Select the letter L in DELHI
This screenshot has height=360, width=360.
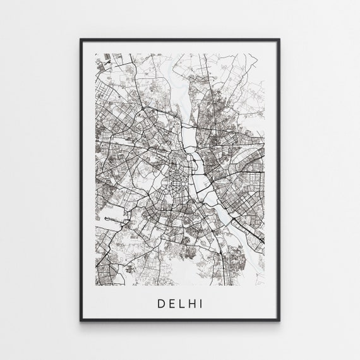[x=179, y=304]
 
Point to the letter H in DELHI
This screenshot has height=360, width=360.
[x=190, y=304]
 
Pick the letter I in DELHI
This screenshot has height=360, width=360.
[x=200, y=304]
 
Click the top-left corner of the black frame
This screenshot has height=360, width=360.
[x=81, y=40]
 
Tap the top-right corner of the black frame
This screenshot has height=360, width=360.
[x=279, y=40]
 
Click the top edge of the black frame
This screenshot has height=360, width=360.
[x=180, y=40]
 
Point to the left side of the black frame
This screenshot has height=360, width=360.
[x=81, y=180]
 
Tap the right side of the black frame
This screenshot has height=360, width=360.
[x=279, y=180]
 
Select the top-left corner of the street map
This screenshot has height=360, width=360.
[x=95, y=54]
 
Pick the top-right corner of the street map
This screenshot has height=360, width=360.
[x=265, y=54]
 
